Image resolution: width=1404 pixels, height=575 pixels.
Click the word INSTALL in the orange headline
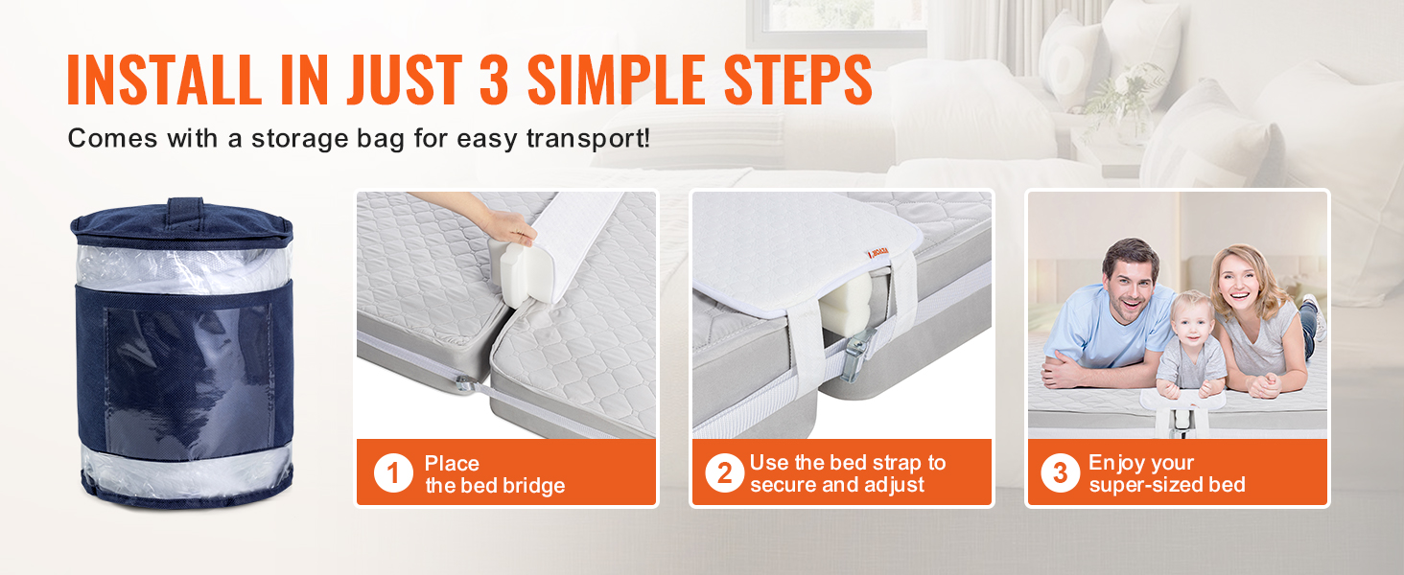point(164,80)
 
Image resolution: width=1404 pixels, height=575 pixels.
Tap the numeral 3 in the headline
point(494,80)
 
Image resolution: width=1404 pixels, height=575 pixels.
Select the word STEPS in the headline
point(798,80)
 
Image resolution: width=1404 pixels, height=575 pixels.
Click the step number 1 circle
point(393,472)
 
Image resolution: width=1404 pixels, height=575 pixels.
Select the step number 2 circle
point(724,472)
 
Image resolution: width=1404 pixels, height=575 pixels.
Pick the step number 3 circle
point(1060,472)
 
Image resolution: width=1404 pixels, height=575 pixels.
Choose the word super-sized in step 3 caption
point(1140,486)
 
